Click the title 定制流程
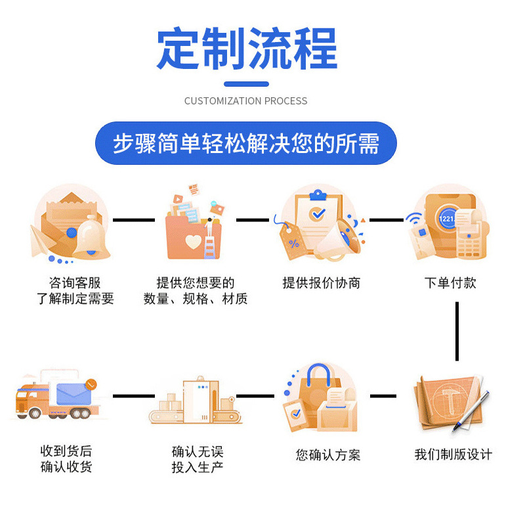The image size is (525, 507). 247,49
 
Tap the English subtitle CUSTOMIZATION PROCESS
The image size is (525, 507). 245,101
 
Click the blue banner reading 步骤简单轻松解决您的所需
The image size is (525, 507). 246,143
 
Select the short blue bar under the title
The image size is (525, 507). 246,84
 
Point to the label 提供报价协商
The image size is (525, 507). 322,283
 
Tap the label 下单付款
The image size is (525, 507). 450,283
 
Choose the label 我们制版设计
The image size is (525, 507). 453,454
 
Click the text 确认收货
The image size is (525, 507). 66,467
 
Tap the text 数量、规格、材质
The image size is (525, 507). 196,299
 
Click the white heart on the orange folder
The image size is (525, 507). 193,242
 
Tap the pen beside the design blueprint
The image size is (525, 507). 471,410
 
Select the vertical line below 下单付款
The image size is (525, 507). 457,331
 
